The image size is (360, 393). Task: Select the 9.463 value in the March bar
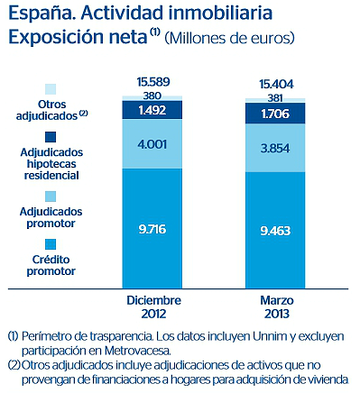(x=276, y=230)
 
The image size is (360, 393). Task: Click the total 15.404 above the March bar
(x=276, y=83)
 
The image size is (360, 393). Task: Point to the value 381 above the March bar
(x=276, y=96)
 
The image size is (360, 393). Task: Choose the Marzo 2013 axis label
(x=276, y=306)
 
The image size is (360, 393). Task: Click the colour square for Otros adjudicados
(x=51, y=88)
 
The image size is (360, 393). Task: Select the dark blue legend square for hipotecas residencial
(x=51, y=141)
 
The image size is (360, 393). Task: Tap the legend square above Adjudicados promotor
(x=51, y=195)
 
